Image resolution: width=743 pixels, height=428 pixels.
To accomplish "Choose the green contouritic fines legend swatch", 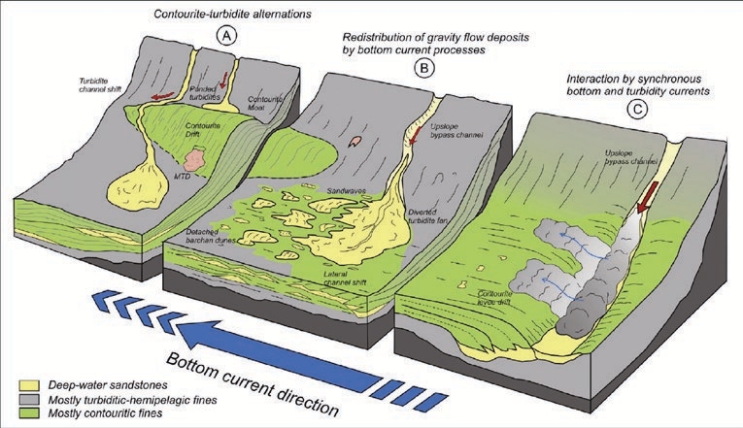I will point(17,413).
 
